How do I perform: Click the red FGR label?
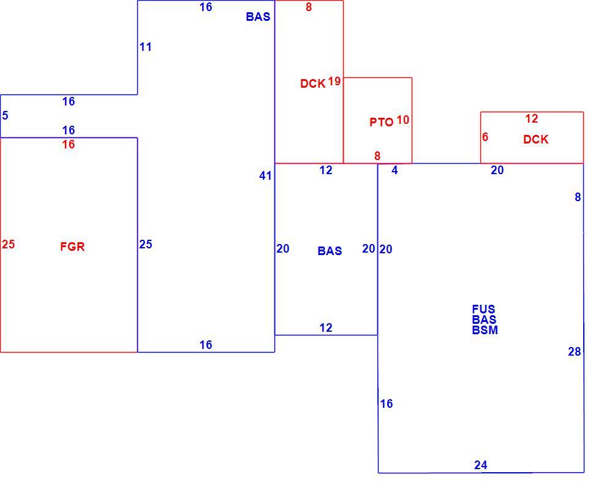(x=72, y=247)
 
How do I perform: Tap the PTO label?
(x=381, y=122)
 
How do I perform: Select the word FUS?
(x=484, y=309)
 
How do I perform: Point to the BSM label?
(x=485, y=330)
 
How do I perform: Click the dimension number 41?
(x=265, y=175)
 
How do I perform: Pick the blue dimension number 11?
(x=146, y=47)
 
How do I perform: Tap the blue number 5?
(x=5, y=115)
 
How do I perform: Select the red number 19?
(x=334, y=81)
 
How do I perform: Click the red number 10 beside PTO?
(x=403, y=120)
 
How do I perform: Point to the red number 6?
(x=485, y=137)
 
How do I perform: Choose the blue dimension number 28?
(x=575, y=352)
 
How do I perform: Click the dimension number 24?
(x=481, y=465)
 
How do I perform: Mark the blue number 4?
(x=395, y=170)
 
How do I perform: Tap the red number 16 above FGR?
(x=69, y=144)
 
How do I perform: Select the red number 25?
(x=8, y=244)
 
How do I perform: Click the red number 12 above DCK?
(x=531, y=119)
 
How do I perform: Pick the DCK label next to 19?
(x=313, y=83)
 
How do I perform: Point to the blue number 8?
(x=578, y=197)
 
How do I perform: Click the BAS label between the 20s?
(x=330, y=251)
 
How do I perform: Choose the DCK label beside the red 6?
(x=536, y=139)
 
